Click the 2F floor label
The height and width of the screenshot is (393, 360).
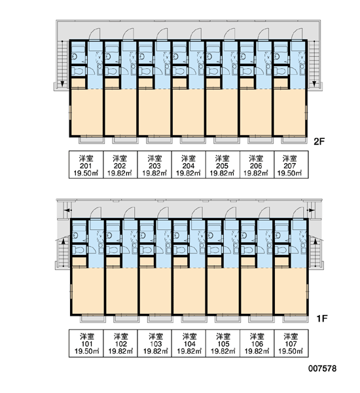click(319, 141)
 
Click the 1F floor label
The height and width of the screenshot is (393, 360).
click(322, 318)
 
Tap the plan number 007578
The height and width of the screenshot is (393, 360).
click(323, 368)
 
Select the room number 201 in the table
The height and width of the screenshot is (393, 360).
click(86, 166)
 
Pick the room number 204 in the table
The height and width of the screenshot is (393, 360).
click(188, 166)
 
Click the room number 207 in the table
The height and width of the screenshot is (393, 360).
click(289, 166)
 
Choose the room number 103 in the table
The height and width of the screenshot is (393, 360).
click(155, 344)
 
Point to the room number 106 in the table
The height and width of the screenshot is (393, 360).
click(257, 344)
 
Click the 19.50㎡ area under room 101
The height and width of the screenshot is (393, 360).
click(86, 351)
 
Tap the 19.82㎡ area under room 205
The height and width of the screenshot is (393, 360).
click(222, 173)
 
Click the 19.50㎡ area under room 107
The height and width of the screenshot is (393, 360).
click(291, 351)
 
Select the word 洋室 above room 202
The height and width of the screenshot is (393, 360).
click(120, 159)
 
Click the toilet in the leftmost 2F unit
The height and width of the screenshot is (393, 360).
click(77, 71)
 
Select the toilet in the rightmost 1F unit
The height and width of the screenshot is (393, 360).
click(281, 250)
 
